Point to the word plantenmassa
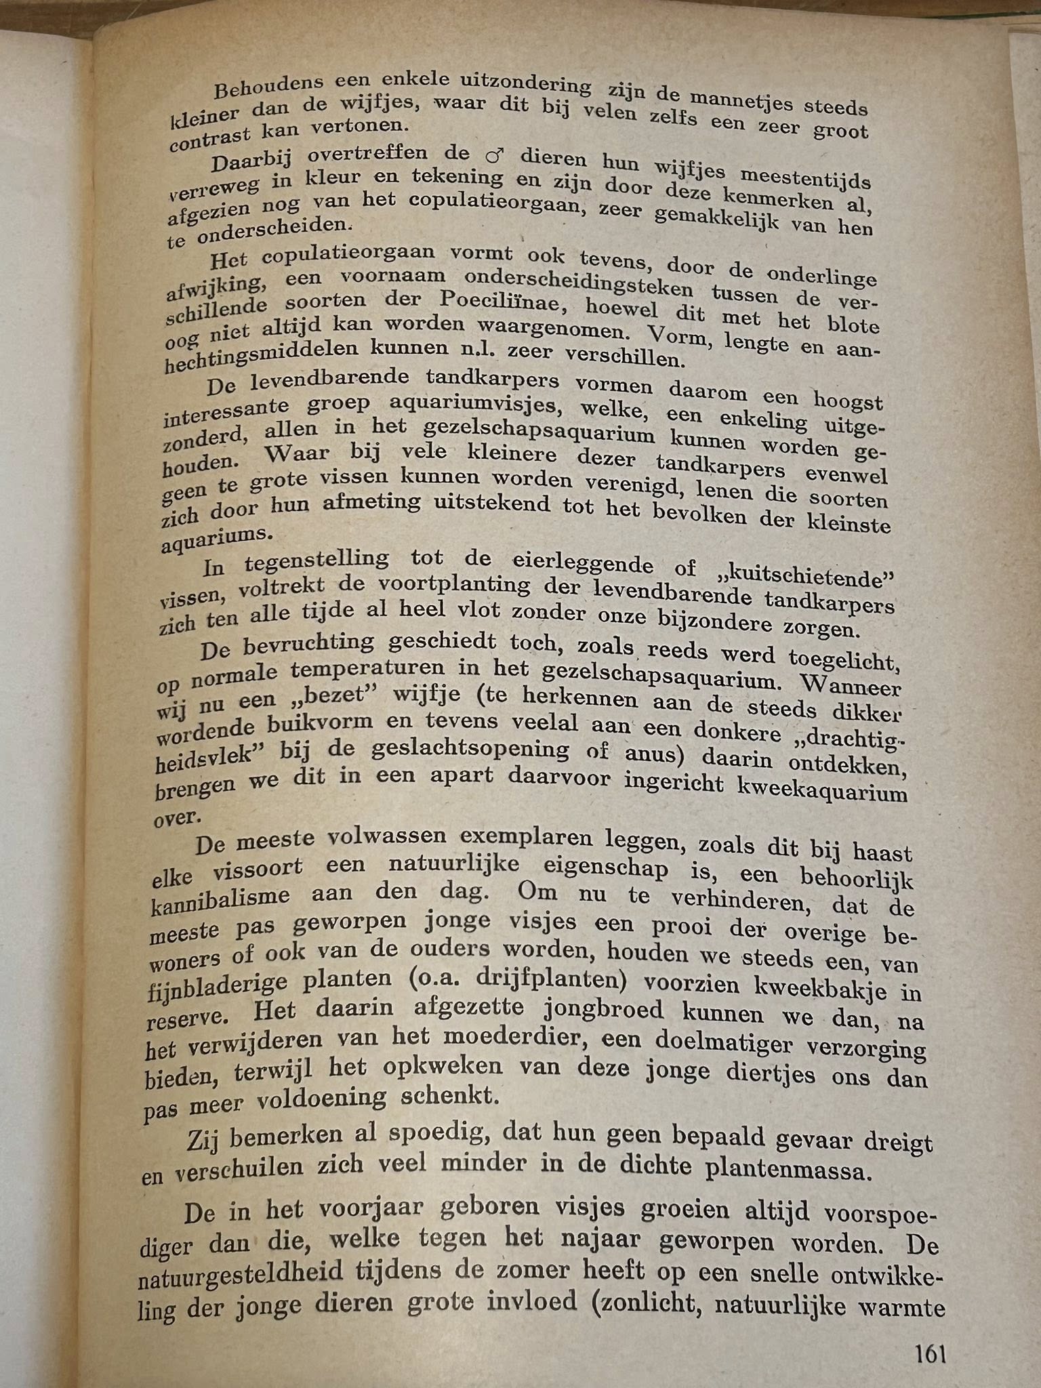coord(787,1169)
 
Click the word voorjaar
coord(359,1208)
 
